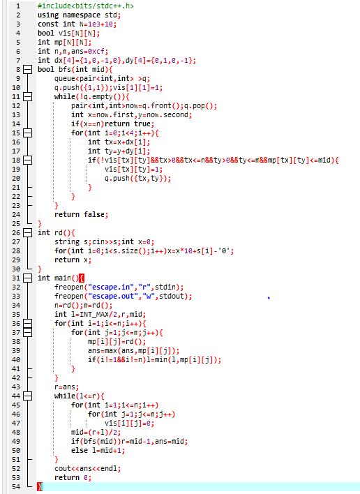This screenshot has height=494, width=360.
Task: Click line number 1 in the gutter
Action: point(17,6)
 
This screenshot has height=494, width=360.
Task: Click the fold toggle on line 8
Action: point(28,69)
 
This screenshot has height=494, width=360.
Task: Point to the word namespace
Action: point(82,15)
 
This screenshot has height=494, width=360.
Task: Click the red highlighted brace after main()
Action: point(82,278)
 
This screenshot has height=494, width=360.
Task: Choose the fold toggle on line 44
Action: point(28,396)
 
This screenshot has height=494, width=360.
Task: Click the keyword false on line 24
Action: point(96,214)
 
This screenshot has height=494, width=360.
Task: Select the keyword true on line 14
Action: point(142,123)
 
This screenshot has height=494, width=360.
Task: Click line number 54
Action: point(16,487)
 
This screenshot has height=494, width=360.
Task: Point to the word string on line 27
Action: point(67,241)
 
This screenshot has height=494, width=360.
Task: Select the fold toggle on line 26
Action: point(28,233)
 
